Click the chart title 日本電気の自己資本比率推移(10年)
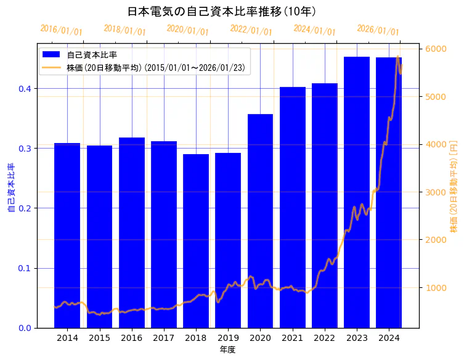point(222,11)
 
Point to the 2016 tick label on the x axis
point(131,338)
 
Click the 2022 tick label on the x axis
point(325,338)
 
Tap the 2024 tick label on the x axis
point(389,338)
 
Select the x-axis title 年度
point(227,350)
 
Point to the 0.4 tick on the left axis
point(24,89)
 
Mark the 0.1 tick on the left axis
point(24,268)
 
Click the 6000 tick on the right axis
point(436,49)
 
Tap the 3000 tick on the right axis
point(436,192)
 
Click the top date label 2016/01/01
point(61,30)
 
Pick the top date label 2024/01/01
point(314,30)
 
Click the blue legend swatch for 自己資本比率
point(52,55)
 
